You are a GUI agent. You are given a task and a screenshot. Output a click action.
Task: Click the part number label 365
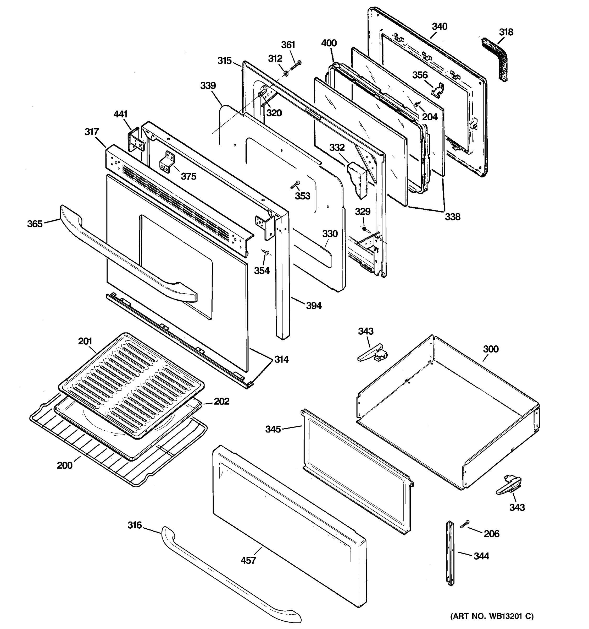click(35, 224)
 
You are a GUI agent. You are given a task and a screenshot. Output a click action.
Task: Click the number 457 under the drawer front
click(248, 561)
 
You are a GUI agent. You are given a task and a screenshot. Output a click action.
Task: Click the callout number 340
click(440, 26)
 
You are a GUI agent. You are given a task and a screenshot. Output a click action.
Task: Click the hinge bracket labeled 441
click(136, 141)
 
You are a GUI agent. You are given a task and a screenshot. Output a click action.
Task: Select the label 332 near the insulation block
click(337, 148)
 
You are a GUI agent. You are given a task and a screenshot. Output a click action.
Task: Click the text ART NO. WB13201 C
click(492, 616)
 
